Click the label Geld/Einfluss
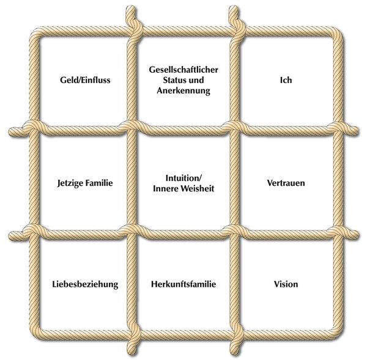pos(85,80)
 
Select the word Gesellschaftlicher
pos(183,70)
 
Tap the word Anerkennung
pos(183,90)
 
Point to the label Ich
pos(286,80)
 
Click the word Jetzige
pos(70,183)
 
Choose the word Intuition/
pos(183,178)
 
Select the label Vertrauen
pos(286,183)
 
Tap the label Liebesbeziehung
pos(85,284)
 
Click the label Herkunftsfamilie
pos(183,284)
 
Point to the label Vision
pos(286,284)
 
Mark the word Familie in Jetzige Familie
pos(98,183)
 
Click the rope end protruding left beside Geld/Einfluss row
pos(15,131)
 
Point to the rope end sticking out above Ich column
pos(234,12)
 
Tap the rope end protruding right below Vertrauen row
pos(352,234)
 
